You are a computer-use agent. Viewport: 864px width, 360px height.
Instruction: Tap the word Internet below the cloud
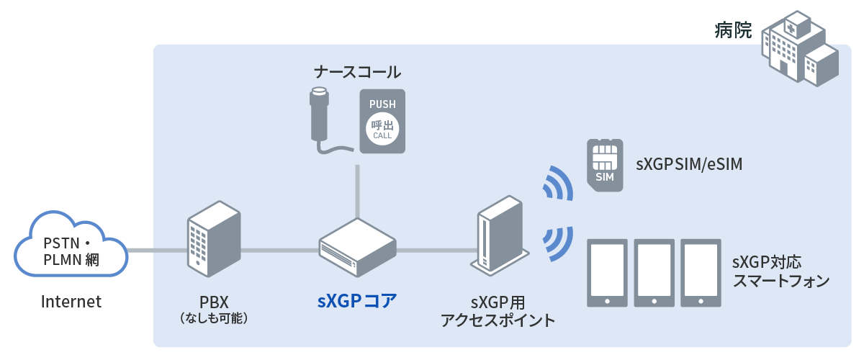coord(71,302)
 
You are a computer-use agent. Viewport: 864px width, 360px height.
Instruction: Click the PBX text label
coord(212,301)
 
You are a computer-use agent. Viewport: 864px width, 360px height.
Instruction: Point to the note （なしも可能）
coord(212,318)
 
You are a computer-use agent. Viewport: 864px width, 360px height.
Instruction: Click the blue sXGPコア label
coord(356,301)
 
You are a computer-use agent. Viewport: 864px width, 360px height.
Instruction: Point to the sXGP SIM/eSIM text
coord(688,165)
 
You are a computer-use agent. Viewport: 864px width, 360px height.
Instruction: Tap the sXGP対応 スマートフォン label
coord(780,271)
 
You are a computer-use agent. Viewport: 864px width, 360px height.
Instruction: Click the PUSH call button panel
coord(382,120)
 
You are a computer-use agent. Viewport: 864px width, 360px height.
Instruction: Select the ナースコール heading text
coord(357,72)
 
